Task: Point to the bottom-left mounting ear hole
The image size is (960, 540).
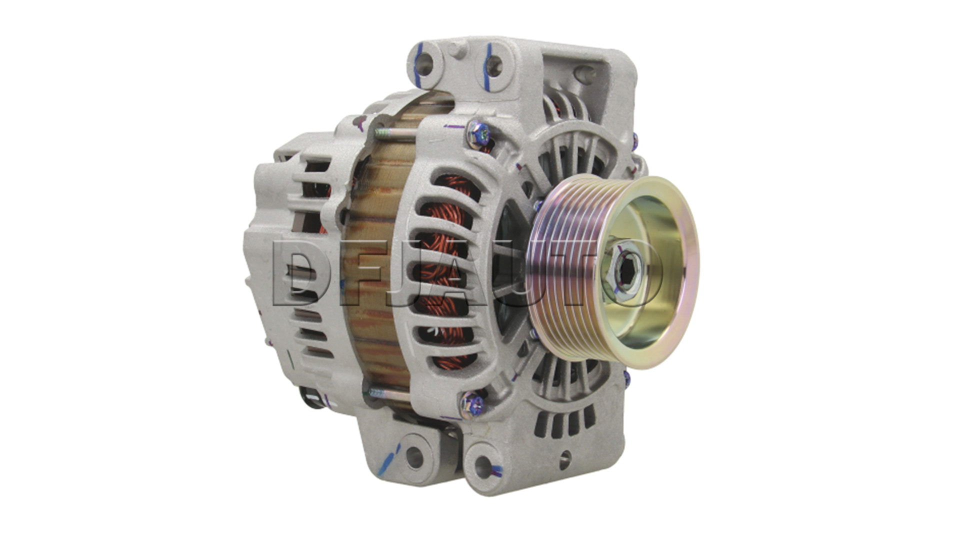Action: click(414, 455)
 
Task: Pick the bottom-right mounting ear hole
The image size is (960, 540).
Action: click(483, 467)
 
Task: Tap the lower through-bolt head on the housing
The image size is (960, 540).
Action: click(470, 402)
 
